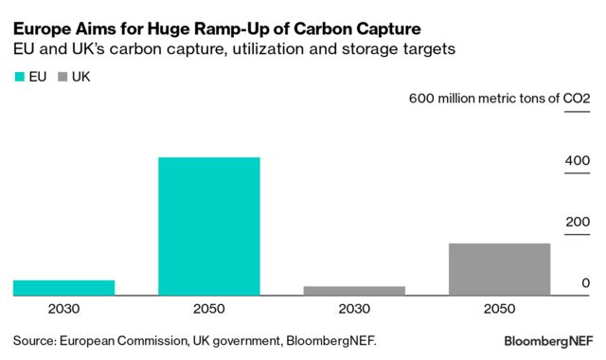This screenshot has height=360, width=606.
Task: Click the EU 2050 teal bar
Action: (x=209, y=226)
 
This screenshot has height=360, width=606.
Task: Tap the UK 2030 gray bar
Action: (x=354, y=291)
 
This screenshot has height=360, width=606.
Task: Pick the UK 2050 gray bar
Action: (x=499, y=270)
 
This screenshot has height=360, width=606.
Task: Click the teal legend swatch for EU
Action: (x=20, y=76)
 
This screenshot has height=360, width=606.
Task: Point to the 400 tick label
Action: (x=578, y=161)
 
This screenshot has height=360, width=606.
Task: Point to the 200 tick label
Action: (x=578, y=223)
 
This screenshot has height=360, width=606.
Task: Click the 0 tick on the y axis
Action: (x=586, y=283)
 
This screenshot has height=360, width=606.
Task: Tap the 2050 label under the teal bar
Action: (x=209, y=309)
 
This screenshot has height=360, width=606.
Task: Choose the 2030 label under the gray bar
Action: (x=354, y=309)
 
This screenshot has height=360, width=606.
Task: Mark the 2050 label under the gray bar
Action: (x=499, y=309)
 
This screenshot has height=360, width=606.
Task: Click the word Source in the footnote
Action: (x=34, y=338)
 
